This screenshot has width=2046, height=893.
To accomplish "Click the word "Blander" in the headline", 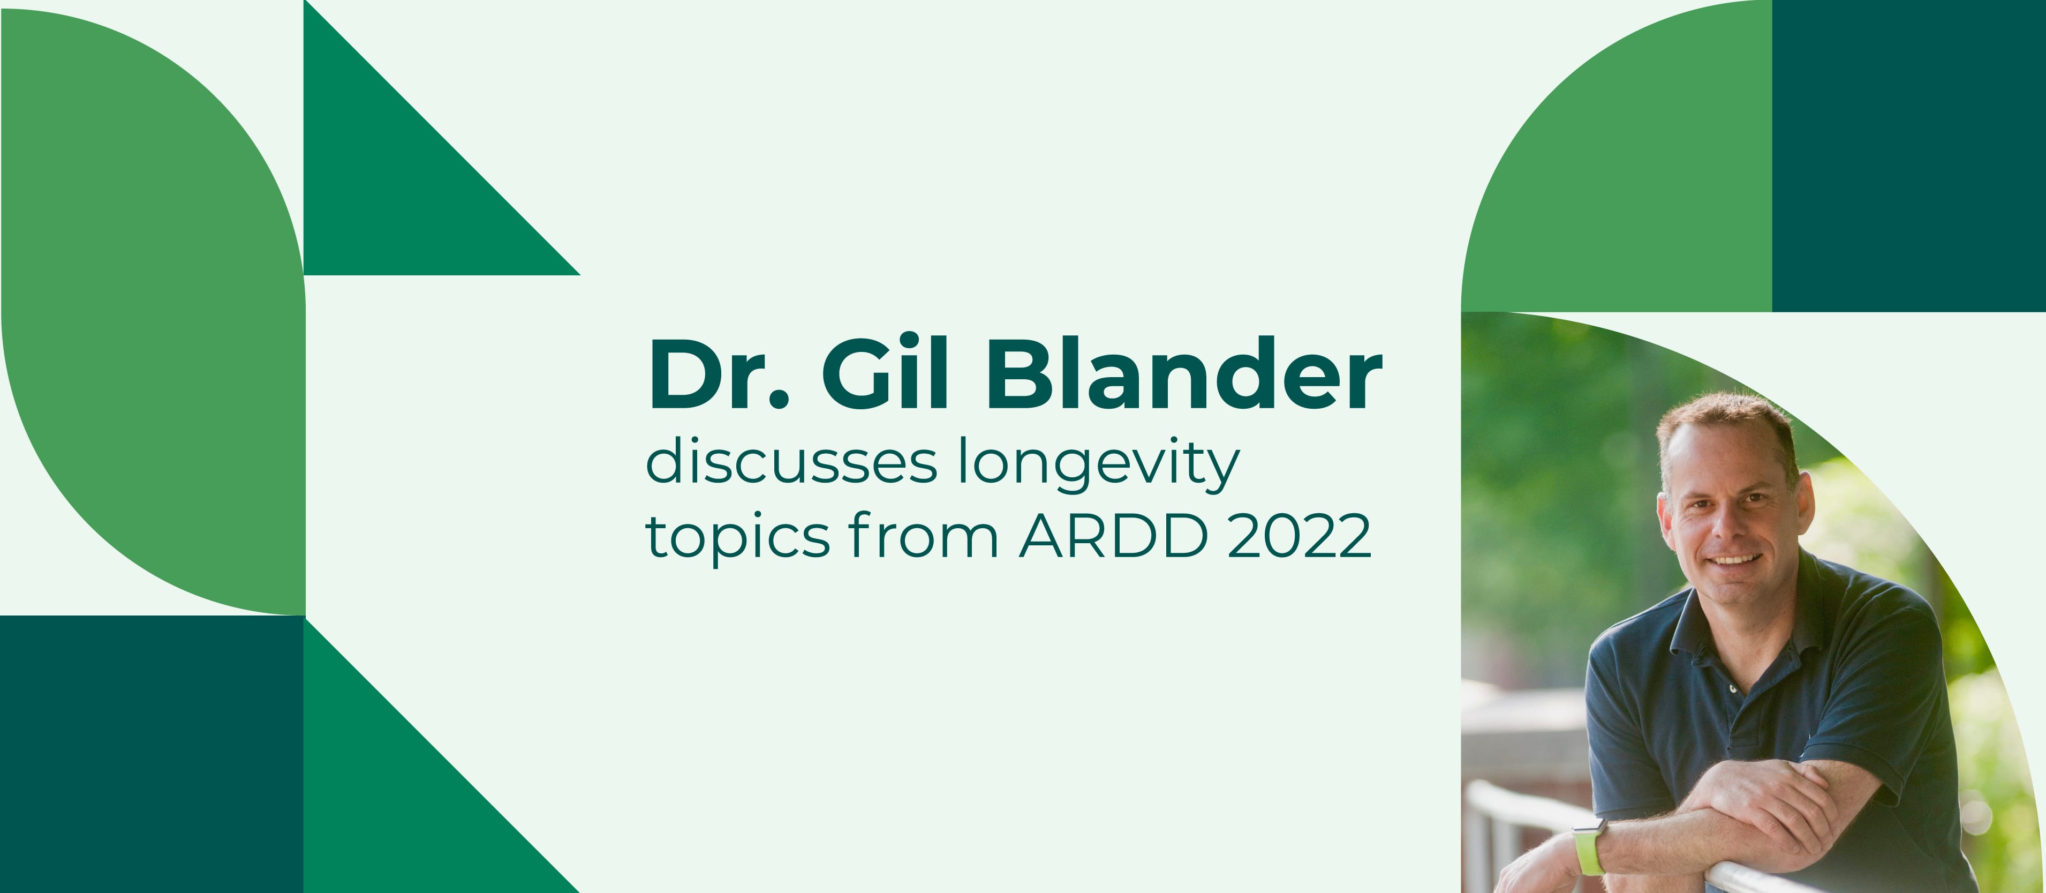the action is tap(1184, 373).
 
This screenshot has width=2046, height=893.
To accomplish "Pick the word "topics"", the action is tap(738, 538).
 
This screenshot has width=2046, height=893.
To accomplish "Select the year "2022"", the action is tap(1300, 536).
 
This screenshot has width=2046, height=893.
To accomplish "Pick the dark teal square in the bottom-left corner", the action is tap(152, 754).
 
